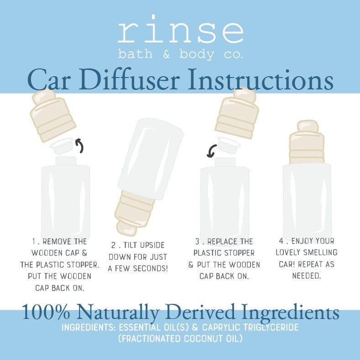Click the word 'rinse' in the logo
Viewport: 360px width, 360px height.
tap(180, 31)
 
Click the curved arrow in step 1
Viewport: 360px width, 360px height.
tap(80, 146)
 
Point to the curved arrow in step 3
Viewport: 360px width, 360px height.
tap(211, 151)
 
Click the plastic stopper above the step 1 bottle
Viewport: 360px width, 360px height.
tap(63, 146)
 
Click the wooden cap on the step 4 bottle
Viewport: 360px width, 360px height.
tap(307, 142)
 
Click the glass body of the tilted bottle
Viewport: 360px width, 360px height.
tap(151, 155)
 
